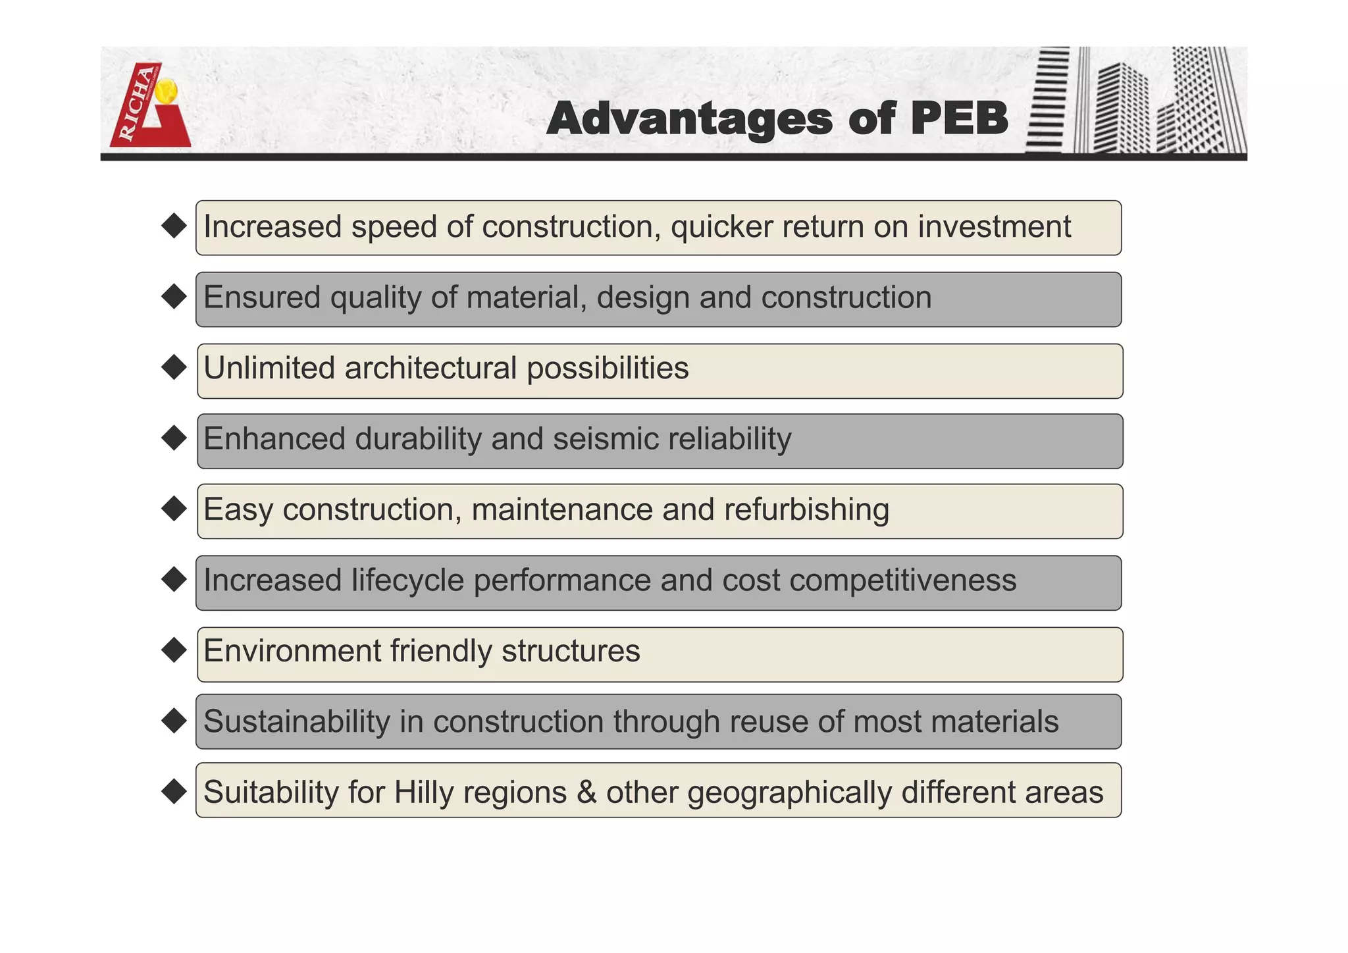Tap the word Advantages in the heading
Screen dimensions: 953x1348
689,119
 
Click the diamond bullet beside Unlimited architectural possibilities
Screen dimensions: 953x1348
174,367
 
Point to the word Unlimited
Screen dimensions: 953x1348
269,368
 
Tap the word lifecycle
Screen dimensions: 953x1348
407,581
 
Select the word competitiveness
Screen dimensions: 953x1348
902,580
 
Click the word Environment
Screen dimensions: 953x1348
292,651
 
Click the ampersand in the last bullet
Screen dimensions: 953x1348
586,792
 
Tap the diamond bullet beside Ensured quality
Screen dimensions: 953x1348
174,296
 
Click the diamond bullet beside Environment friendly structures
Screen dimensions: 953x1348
174,650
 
